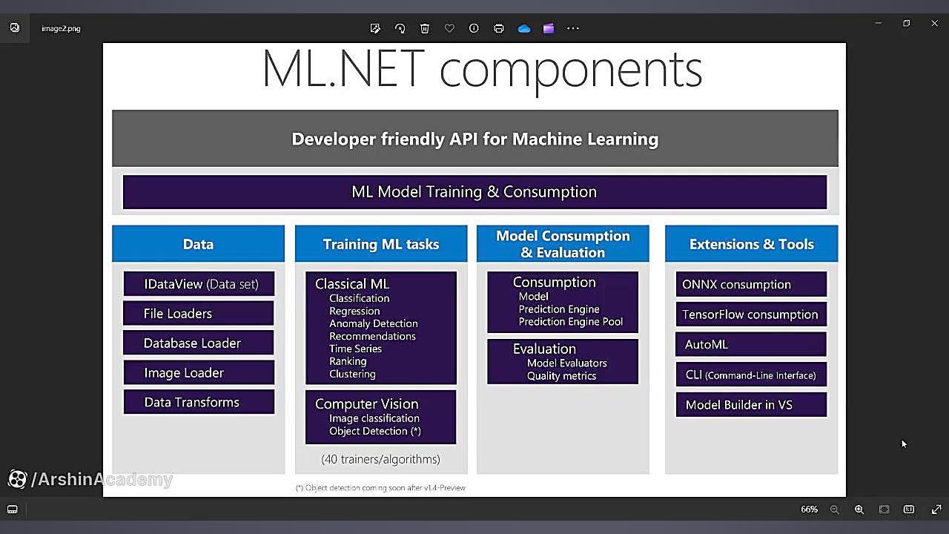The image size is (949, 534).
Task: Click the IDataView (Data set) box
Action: coord(199,283)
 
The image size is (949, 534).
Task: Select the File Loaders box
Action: coord(199,313)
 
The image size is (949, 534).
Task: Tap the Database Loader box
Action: coord(199,343)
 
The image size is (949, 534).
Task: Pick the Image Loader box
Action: coord(199,372)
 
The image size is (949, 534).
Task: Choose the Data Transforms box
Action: coord(199,402)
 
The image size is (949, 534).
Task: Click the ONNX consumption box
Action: coord(751,284)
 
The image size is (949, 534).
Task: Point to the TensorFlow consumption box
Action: coord(751,314)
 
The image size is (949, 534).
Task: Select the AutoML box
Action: coord(751,344)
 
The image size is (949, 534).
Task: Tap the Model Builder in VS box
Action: coord(751,404)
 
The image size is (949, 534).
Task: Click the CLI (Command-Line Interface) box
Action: coord(751,375)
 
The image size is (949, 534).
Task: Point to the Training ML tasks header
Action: coord(381,244)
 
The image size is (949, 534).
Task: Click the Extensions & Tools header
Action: coord(751,244)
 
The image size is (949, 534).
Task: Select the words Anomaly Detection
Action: coord(373,323)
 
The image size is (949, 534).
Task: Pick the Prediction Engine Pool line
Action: coord(571,322)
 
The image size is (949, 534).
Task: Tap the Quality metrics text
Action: coord(561,376)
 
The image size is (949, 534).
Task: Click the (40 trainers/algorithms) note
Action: coord(380,459)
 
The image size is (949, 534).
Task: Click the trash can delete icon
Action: coord(425,28)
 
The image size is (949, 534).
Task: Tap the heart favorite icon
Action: coord(449,28)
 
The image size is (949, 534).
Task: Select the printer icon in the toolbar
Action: coord(499,28)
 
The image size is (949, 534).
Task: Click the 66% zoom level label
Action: coord(809,509)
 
